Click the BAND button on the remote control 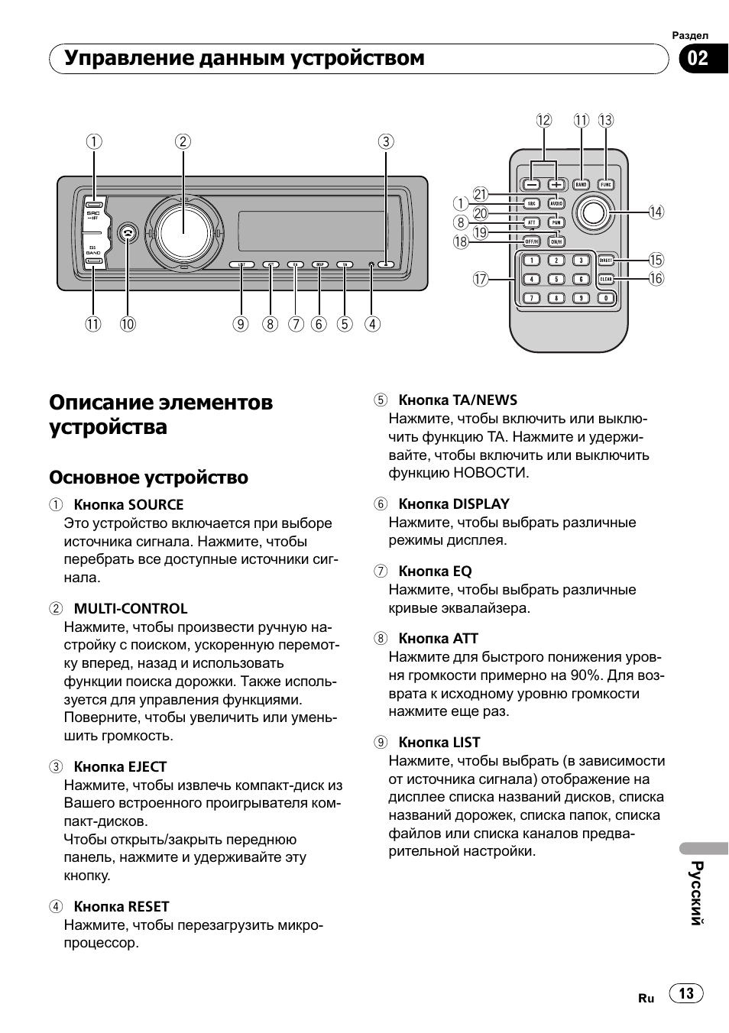pos(582,185)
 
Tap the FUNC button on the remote pos(606,185)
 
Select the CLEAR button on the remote pos(606,280)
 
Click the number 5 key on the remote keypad pos(556,280)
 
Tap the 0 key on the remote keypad pos(606,298)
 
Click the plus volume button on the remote pos(556,185)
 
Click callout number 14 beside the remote pos(656,212)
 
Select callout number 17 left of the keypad pos(479,280)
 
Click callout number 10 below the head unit pos(128,324)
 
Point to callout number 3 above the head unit pos(386,141)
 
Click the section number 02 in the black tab pos(698,59)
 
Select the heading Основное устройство pos(148,478)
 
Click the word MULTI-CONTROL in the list pos(130,609)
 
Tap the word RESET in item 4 pos(148,907)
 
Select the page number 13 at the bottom pos(686,993)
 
